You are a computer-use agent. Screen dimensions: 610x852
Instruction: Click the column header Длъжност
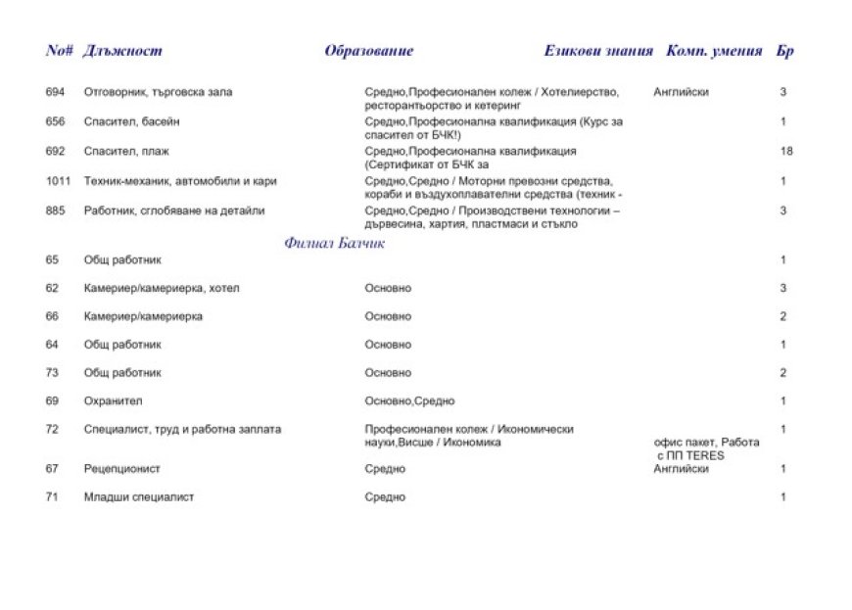pyautogui.click(x=123, y=51)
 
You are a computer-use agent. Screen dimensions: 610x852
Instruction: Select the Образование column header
pyautogui.click(x=369, y=51)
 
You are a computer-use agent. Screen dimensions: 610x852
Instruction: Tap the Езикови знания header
pyautogui.click(x=598, y=51)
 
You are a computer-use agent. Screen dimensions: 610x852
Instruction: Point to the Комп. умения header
pyautogui.click(x=714, y=51)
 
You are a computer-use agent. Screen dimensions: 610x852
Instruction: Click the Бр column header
pyautogui.click(x=784, y=51)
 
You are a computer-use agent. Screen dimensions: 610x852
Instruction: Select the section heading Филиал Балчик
pyautogui.click(x=334, y=243)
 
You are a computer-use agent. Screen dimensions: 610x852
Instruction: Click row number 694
pyautogui.click(x=55, y=92)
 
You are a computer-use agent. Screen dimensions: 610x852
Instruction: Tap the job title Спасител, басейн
pyautogui.click(x=132, y=121)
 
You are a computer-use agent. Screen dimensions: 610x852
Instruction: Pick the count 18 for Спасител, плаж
pyautogui.click(x=786, y=151)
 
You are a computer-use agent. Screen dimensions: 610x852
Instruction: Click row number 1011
pyautogui.click(x=58, y=181)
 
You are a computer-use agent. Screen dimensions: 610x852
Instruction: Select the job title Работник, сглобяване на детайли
pyautogui.click(x=174, y=211)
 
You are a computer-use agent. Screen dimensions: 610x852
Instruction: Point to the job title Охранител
pyautogui.click(x=114, y=400)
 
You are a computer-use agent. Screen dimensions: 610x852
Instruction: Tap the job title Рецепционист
pyautogui.click(x=122, y=469)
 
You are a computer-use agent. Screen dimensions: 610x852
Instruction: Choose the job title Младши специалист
pyautogui.click(x=139, y=497)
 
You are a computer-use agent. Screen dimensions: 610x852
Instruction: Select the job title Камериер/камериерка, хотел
pyautogui.click(x=162, y=288)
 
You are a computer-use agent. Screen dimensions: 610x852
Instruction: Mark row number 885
pyautogui.click(x=55, y=211)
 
